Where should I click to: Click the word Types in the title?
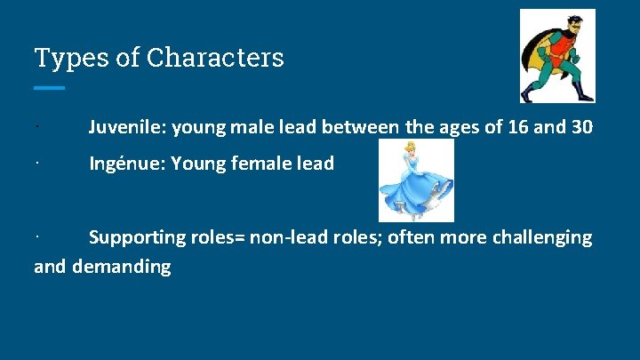[62, 58]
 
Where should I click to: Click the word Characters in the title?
[215, 58]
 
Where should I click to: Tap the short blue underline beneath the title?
[50, 88]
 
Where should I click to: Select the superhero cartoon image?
[557, 56]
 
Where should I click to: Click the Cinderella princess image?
[416, 180]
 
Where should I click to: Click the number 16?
[519, 128]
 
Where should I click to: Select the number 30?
[581, 128]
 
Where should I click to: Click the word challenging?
[540, 238]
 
